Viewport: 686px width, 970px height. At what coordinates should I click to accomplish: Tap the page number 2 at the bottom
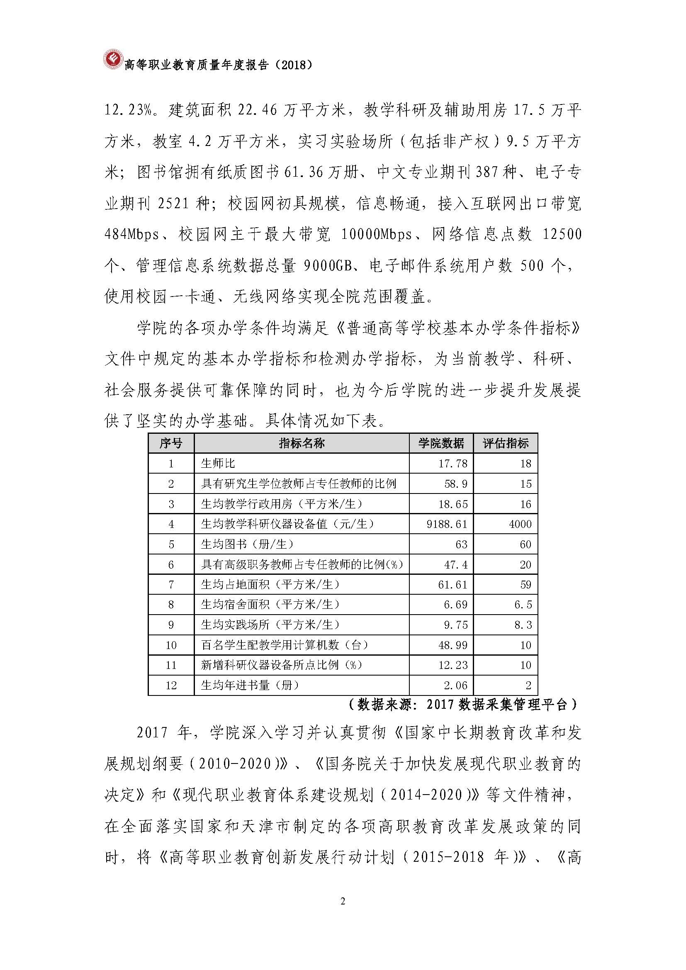(343, 899)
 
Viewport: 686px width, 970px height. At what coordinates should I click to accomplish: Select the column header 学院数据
(441, 443)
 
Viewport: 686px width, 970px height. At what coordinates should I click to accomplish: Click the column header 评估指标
(506, 443)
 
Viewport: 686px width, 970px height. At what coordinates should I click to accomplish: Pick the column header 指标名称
(302, 443)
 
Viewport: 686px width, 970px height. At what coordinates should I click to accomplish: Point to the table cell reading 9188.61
(447, 524)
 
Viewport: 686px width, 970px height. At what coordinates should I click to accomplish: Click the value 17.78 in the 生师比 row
(453, 464)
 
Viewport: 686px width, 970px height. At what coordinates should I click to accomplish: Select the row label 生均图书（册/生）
(247, 544)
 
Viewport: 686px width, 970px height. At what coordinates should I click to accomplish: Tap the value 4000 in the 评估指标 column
(520, 524)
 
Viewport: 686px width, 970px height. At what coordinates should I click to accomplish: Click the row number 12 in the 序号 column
(170, 685)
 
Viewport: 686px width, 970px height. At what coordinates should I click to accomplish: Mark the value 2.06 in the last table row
(455, 685)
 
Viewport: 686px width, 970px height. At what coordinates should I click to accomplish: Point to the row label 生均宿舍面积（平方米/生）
(270, 605)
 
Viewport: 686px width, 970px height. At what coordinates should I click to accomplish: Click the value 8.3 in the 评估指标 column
(523, 625)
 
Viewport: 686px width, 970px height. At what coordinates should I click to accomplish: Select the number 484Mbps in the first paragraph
(132, 234)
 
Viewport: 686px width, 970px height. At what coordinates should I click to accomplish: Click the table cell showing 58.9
(456, 484)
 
